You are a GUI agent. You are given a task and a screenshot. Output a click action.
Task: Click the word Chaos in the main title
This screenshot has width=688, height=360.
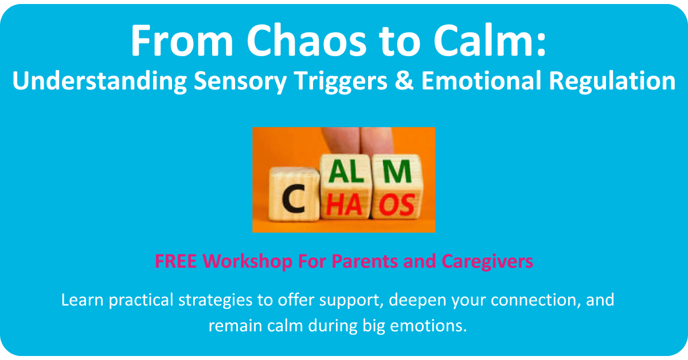tap(307, 40)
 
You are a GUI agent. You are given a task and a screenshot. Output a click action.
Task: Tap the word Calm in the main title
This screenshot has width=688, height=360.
tap(490, 40)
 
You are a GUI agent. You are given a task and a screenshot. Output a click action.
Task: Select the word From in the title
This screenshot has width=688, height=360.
tap(182, 40)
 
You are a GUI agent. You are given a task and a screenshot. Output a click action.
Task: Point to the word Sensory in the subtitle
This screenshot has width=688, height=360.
tap(240, 81)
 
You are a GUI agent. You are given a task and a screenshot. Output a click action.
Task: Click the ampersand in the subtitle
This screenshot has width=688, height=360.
tap(404, 80)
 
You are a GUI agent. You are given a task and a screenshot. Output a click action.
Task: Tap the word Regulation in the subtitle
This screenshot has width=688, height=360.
tap(612, 81)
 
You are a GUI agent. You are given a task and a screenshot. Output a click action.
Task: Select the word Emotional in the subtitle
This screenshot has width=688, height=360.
tap(481, 80)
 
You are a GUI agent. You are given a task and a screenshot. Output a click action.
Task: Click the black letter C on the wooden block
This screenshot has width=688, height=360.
tap(294, 199)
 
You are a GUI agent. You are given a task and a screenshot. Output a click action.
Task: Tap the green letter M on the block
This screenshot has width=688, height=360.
tap(397, 171)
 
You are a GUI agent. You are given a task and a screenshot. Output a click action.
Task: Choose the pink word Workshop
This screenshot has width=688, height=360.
tap(247, 262)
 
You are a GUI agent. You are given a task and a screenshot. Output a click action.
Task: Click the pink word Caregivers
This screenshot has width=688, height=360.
tap(487, 263)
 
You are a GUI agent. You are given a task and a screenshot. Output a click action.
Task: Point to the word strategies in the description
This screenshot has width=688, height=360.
tap(216, 300)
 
